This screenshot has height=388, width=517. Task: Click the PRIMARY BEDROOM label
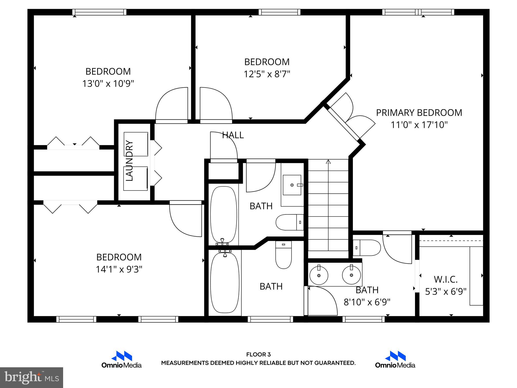419,113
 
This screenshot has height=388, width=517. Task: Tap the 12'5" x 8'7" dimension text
267,74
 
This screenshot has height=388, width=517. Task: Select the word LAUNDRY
130,161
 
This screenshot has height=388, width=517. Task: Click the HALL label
233,135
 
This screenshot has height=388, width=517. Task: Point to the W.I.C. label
446,279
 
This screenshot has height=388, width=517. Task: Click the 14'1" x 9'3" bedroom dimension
119,269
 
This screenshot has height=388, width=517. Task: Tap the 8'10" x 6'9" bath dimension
367,302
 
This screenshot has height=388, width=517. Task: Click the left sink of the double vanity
319,275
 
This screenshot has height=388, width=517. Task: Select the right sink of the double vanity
351,275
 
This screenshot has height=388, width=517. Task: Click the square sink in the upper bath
292,185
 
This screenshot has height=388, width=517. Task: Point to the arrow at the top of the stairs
328,162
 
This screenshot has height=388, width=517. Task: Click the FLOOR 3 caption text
258,355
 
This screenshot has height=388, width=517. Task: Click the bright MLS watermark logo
32,378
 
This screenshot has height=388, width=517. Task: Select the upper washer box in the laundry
136,144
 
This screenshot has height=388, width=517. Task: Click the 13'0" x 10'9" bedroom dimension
108,84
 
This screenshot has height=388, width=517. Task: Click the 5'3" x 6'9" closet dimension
446,292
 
